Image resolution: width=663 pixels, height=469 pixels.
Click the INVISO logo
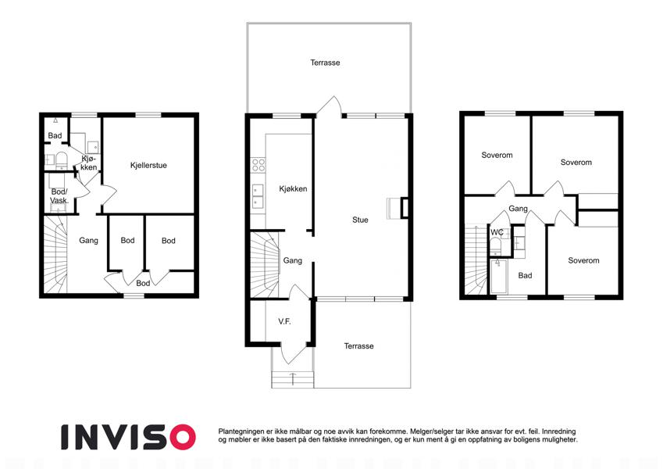(x=128, y=437)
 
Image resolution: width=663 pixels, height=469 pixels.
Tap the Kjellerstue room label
(x=148, y=165)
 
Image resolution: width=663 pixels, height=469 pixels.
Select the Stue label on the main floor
(x=360, y=220)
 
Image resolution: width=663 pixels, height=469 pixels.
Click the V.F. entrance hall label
(x=284, y=322)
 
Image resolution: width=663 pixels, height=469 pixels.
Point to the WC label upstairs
(x=497, y=232)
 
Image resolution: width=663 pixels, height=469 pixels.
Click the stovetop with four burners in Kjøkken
(x=258, y=165)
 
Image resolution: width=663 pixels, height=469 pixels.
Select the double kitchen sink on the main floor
(x=258, y=197)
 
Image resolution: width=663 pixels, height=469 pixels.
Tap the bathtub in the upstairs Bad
(x=498, y=277)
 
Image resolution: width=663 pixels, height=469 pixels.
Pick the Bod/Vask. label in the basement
(x=59, y=196)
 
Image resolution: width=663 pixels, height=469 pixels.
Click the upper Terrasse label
(x=325, y=63)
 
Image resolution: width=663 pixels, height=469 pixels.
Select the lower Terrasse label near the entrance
(x=359, y=346)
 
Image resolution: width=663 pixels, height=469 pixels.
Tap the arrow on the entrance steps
(x=293, y=378)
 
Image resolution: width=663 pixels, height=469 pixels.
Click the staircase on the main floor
(x=265, y=264)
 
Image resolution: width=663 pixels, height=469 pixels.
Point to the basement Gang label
(x=89, y=241)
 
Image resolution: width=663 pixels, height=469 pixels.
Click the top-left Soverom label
(x=497, y=155)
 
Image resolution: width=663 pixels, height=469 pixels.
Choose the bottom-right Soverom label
(x=583, y=261)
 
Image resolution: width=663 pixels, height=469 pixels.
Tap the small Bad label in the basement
(x=55, y=135)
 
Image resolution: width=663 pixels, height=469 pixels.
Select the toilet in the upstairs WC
(x=495, y=245)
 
